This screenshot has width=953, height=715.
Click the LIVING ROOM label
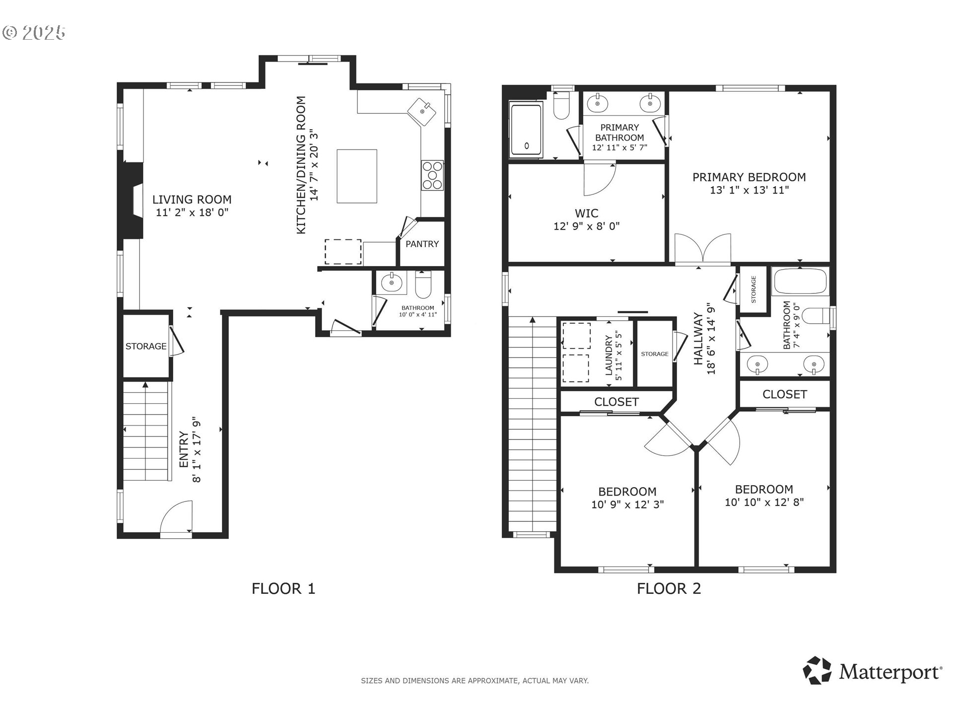(192, 200)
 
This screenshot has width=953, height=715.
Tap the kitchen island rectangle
(357, 176)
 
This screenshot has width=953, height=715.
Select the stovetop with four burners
(432, 175)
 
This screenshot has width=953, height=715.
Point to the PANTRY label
(422, 244)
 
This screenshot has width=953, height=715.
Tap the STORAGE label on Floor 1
(146, 346)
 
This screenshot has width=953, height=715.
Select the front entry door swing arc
(176, 517)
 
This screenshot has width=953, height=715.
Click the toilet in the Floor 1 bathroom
(423, 284)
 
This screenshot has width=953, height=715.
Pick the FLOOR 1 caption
(283, 589)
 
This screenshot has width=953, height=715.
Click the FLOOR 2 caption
(669, 589)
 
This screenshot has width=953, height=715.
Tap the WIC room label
(586, 214)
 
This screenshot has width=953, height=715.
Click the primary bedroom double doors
(703, 248)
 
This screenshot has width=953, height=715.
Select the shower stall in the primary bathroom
(527, 130)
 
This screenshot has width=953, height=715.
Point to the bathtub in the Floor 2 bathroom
(801, 282)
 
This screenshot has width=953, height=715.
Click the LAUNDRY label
(609, 356)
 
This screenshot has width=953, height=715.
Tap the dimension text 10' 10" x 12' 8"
(764, 502)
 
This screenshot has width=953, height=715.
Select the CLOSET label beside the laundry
(616, 402)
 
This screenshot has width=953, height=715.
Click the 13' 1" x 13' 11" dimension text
(749, 190)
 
